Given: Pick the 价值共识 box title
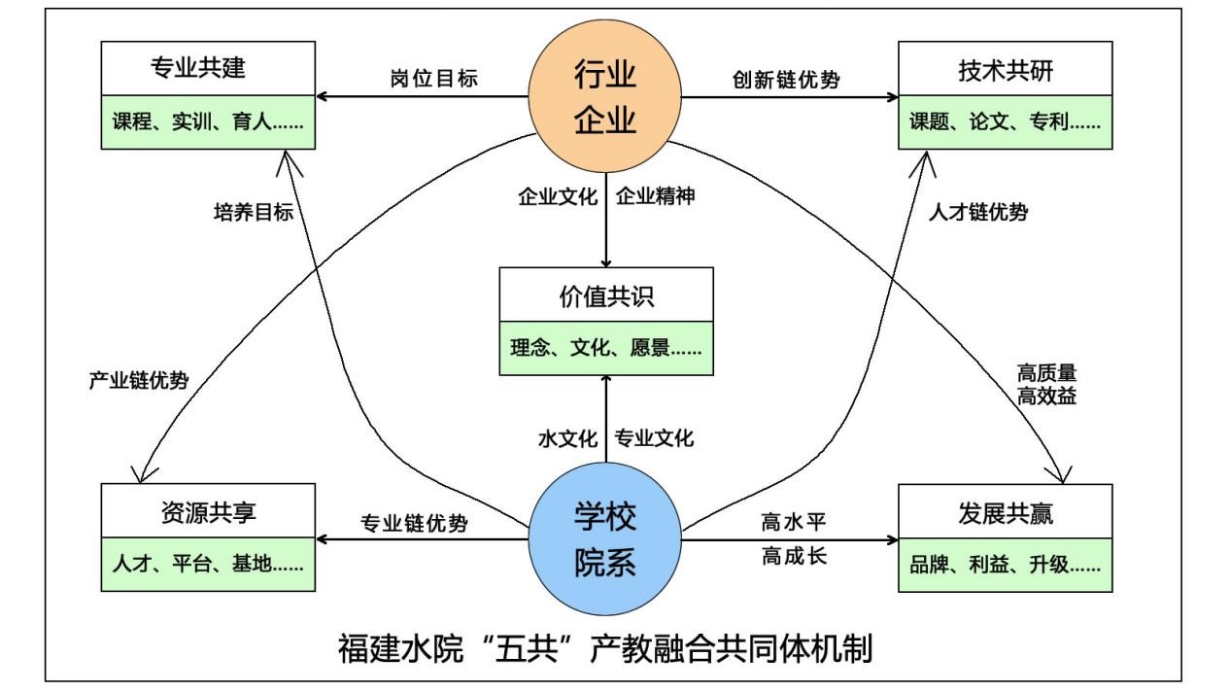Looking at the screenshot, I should [605, 298].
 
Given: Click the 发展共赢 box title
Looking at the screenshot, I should [1005, 512].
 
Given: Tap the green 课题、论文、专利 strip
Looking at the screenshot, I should [1005, 124].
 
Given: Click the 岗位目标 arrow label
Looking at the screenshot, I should [433, 80].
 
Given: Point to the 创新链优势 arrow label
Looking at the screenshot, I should [786, 80].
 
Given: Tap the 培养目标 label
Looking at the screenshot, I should [253, 214].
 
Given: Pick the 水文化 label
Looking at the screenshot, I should [566, 438].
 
